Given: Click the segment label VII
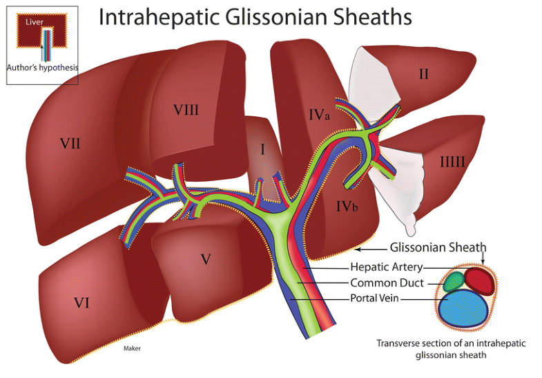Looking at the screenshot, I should pos(70,144).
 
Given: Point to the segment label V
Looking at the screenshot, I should pos(205,259).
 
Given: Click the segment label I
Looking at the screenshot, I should pos(262,149).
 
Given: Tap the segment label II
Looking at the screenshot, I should pos(423,74).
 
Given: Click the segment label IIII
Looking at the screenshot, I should pos(452,161).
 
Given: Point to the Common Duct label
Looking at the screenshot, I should pos(387,283).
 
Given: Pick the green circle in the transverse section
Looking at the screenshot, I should pos(453,281).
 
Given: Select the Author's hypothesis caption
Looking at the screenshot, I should pos(42,68).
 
